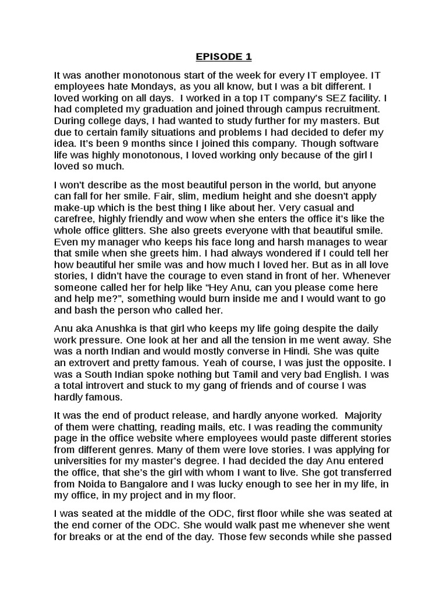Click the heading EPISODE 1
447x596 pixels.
[x=223, y=56]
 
